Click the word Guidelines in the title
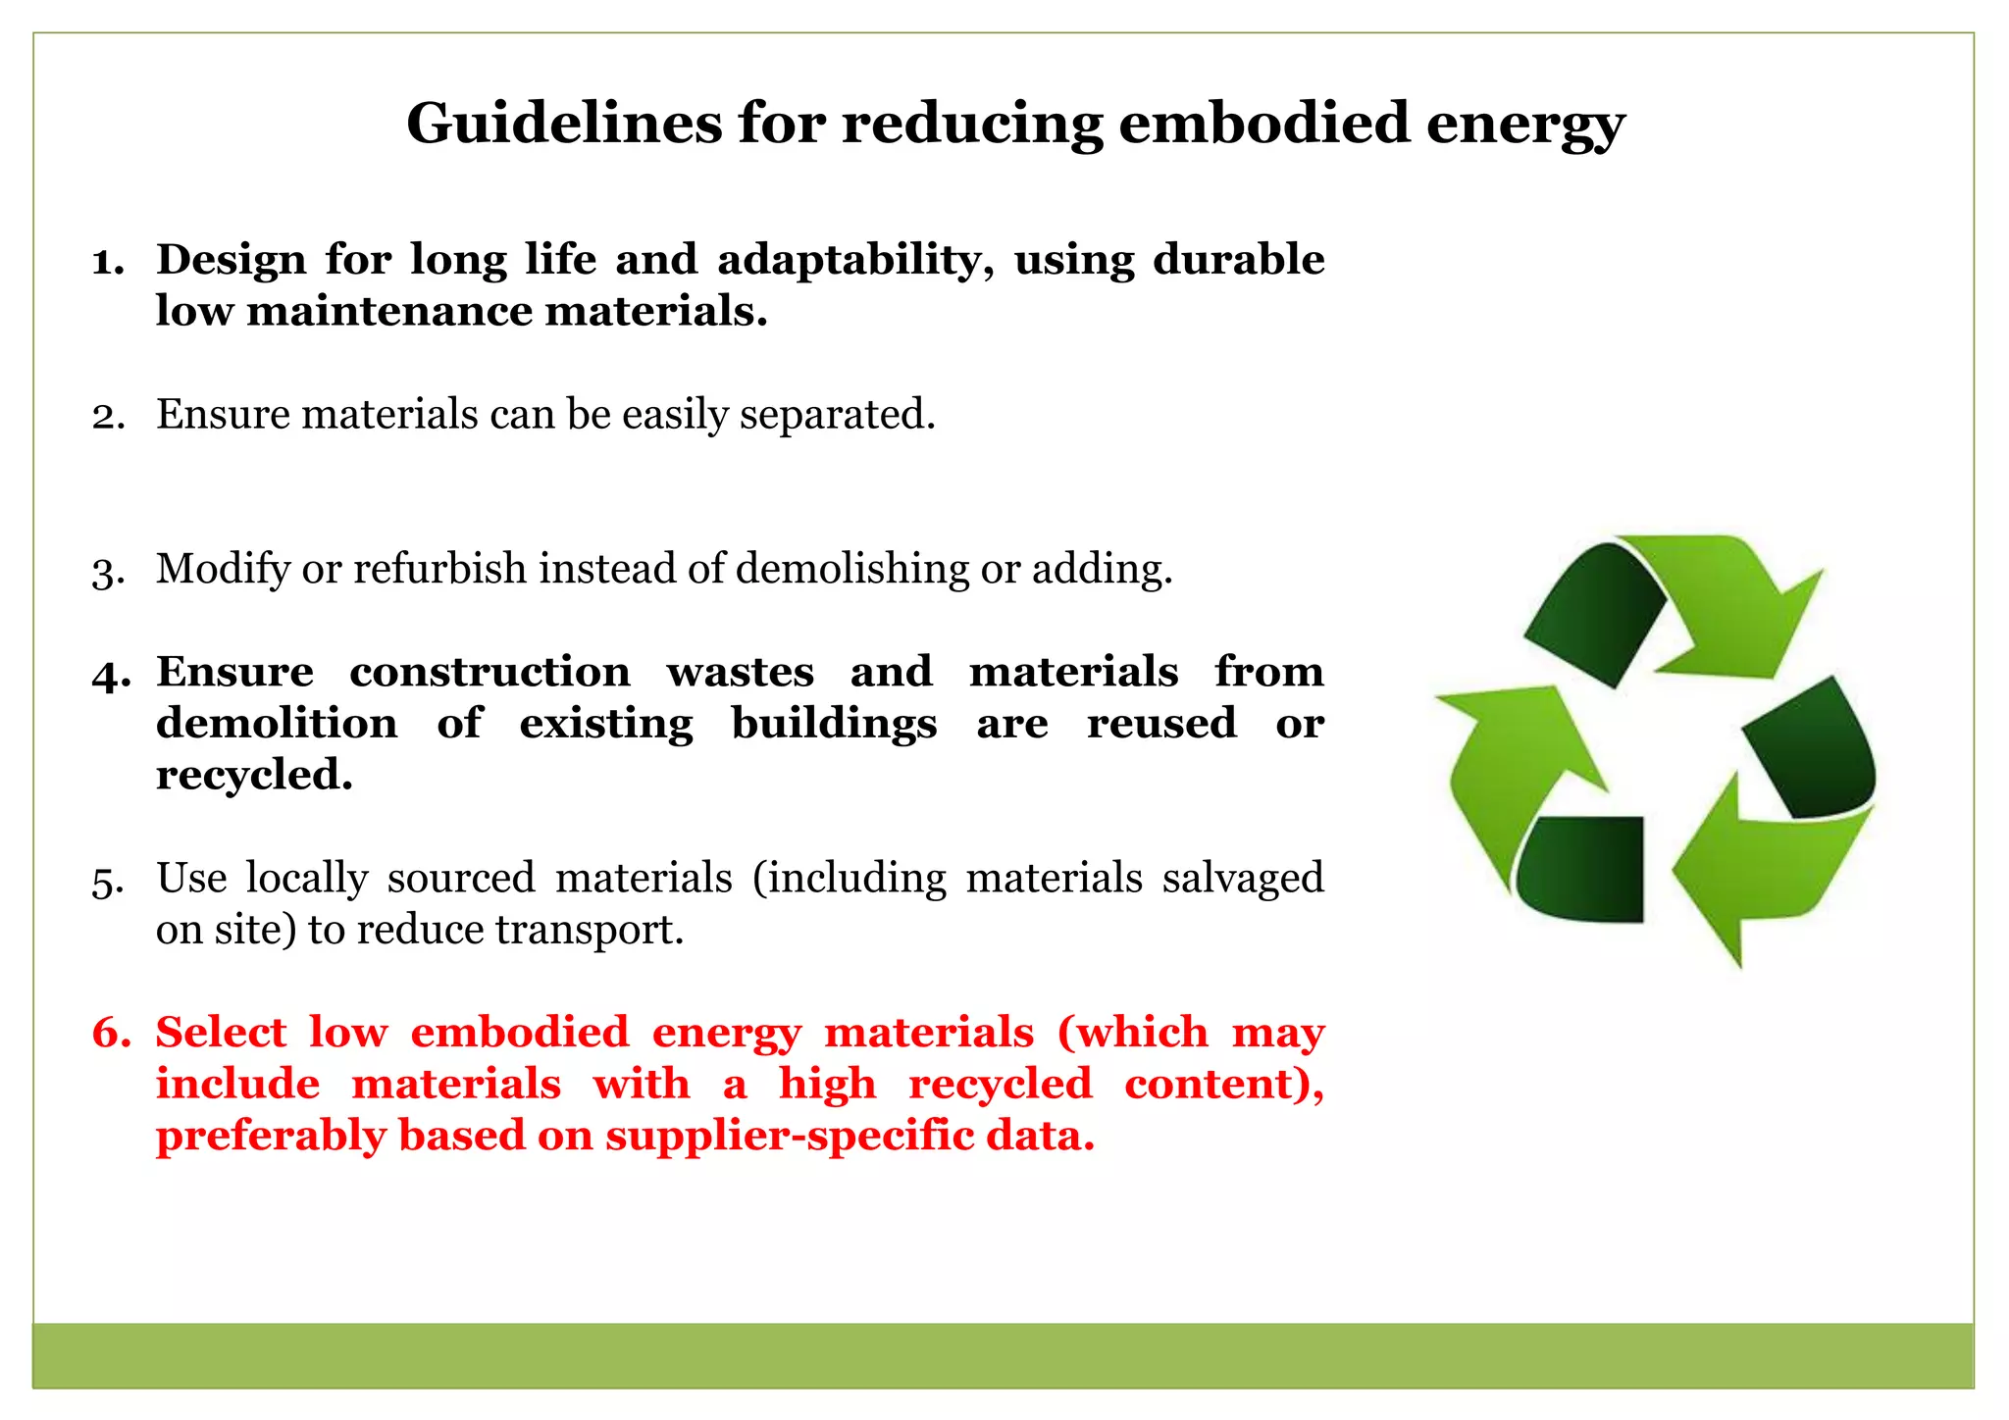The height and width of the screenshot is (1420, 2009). [563, 125]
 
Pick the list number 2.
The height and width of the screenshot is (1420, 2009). [108, 416]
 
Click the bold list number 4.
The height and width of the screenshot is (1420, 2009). [110, 674]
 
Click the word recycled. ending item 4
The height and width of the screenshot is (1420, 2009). [254, 776]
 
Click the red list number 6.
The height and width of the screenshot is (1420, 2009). [110, 1034]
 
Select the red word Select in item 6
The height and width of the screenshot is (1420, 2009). [221, 1034]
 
